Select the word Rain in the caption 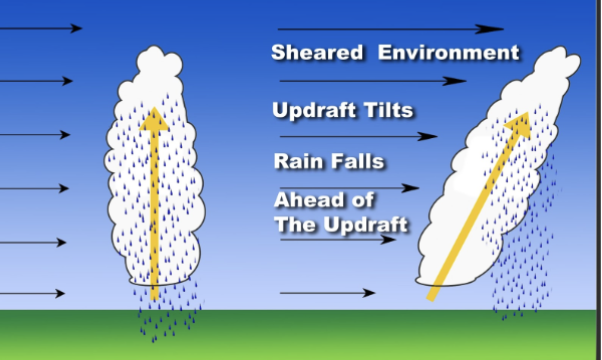tap(297, 160)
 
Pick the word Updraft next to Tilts tap(314, 110)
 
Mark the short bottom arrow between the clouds tap(328, 293)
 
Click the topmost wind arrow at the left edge tap(40, 28)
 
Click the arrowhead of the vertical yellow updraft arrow tap(153, 119)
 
